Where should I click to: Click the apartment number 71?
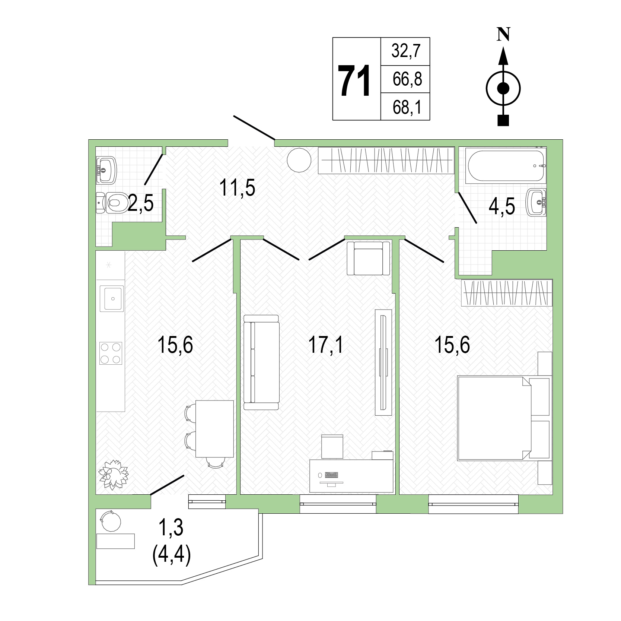coord(354,80)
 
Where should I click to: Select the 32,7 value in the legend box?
coord(405,51)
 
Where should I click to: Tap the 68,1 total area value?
coord(407,107)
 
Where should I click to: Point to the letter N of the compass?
coord(503,35)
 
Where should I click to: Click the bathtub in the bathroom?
coord(507,166)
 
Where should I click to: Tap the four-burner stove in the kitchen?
coord(111,353)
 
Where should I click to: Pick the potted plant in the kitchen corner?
coord(113,474)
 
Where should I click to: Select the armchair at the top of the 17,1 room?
coord(369,258)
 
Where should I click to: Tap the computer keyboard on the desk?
coord(331,475)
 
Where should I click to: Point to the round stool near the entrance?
coord(299,160)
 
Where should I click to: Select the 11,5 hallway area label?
coord(238,187)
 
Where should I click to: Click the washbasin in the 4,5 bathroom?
coord(536,202)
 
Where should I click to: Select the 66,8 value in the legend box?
coord(407,79)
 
